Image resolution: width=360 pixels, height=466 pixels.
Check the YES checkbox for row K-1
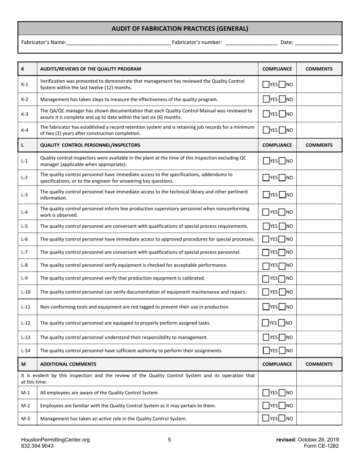(266, 84)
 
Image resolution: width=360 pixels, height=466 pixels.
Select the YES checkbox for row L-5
(266, 226)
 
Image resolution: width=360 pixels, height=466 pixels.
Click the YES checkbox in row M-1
(266, 393)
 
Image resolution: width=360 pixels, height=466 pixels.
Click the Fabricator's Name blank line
(118, 42)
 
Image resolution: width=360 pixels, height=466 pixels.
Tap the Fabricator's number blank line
(251, 42)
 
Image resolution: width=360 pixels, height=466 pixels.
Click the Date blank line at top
(316, 42)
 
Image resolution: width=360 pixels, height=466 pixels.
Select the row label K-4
(25, 130)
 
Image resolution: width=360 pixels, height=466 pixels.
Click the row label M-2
(25, 406)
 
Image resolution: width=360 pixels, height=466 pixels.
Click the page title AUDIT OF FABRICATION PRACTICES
(180, 28)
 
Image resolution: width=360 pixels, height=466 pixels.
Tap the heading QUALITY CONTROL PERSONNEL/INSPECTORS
(90, 145)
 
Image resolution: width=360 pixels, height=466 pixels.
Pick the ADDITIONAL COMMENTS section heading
(68, 364)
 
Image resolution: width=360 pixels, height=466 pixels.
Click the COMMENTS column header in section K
(319, 69)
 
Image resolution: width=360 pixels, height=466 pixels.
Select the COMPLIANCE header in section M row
(277, 364)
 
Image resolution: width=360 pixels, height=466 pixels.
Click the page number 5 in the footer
(169, 440)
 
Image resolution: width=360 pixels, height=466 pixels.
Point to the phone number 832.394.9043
(38, 446)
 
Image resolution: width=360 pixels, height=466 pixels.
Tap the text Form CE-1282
(321, 446)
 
